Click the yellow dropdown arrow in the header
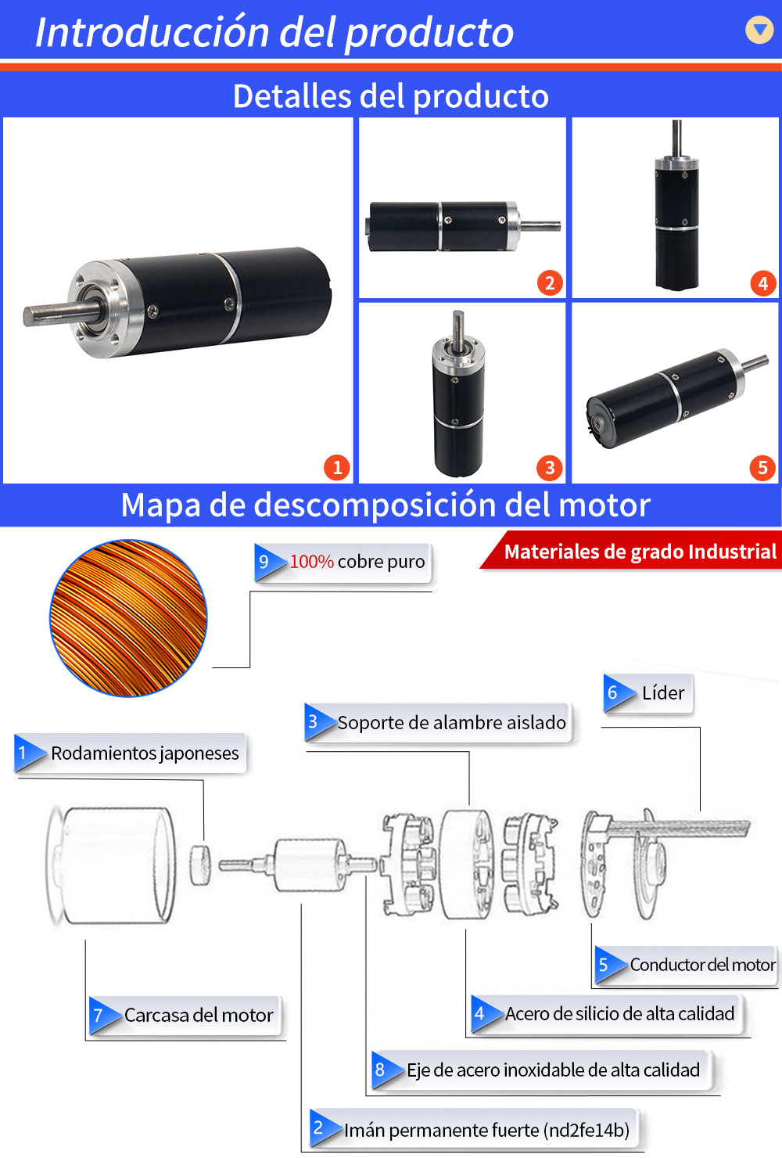pos(759,30)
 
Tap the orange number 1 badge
pos(337,467)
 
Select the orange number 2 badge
pos(550,282)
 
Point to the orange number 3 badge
pos(550,467)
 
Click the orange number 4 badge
pos(763,283)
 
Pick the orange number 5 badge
pos(762,467)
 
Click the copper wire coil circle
pos(128,618)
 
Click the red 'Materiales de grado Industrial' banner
pos(631,551)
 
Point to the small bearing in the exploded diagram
pos(200,865)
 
